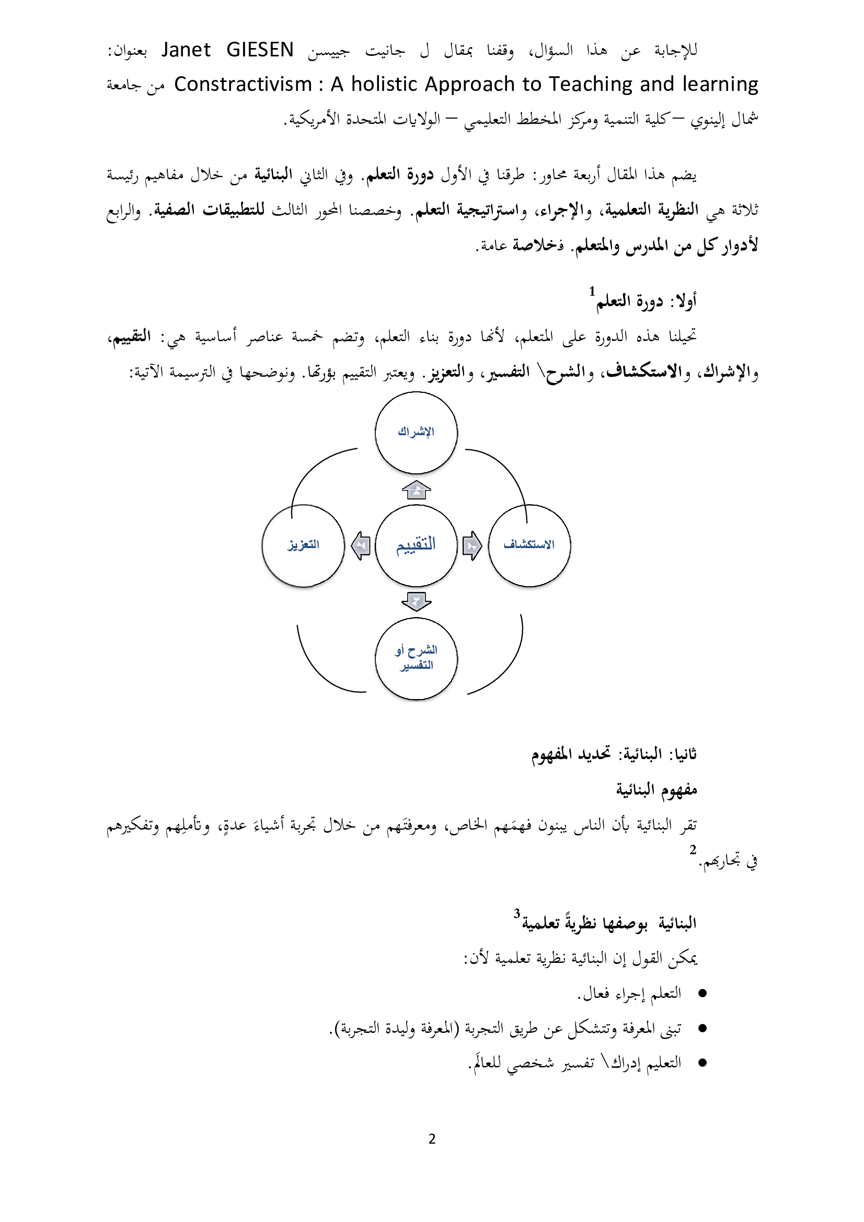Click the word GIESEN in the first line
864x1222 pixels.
pos(260,50)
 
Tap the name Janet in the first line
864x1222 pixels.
pos(186,50)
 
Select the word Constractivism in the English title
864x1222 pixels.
pos(243,84)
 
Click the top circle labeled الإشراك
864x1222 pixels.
pos(416,433)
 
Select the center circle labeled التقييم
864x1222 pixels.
pos(416,545)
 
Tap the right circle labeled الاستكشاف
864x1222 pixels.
pos(529,545)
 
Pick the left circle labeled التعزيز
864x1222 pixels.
pos(303,545)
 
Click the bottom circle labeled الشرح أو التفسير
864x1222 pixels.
pos(416,658)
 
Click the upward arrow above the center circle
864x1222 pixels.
pos(416,490)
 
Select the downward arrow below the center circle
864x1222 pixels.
pos(416,601)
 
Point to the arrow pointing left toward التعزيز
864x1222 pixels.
pos(361,545)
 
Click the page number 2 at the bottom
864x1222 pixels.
pos(432,1139)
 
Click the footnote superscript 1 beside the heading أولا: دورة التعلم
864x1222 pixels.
pos(592,292)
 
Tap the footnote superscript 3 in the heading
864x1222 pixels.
pos(516,914)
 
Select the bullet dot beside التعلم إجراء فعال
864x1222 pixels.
pos(702,993)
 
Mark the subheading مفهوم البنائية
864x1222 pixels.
pos(656,789)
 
